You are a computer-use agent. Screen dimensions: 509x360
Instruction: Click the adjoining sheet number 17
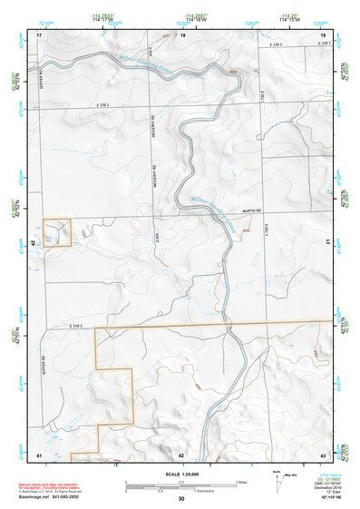[40, 34]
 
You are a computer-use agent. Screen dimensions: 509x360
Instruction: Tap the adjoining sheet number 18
[182, 34]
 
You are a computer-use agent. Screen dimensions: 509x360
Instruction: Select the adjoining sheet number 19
[323, 34]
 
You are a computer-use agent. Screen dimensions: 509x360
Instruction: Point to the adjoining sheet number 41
[39, 453]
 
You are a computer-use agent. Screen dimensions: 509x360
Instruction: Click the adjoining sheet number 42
[181, 454]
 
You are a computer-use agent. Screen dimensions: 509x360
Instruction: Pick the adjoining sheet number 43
[323, 453]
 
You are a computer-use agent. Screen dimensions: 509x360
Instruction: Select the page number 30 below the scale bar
[181, 499]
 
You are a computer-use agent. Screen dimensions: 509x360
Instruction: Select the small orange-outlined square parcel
[58, 232]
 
